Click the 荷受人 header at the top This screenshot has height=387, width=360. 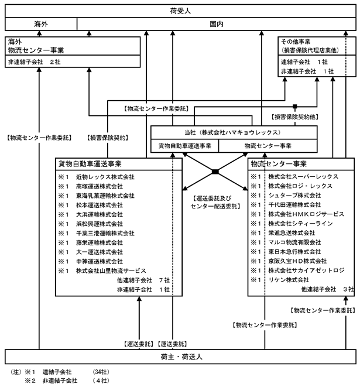point(180,11)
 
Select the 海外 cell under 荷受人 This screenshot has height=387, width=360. point(41,24)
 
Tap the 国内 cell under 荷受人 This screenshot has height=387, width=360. point(217,24)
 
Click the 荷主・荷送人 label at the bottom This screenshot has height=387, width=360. point(181,357)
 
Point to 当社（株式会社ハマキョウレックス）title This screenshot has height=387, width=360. point(233,132)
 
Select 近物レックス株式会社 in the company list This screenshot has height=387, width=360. point(105,177)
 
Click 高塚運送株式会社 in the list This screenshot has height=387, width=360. point(99,186)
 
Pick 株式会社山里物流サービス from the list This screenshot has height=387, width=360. point(111,270)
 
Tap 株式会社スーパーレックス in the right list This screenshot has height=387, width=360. point(303,176)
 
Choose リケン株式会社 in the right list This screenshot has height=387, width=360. point(289,280)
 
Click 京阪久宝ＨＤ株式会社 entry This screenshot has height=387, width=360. point(297,261)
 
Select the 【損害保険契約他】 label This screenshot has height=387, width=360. point(294,117)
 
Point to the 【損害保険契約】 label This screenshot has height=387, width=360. point(108,138)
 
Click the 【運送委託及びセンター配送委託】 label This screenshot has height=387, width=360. point(215,202)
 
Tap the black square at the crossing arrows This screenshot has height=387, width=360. point(215,172)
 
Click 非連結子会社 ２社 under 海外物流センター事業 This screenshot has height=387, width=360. point(35,61)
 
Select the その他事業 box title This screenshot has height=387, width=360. point(296,42)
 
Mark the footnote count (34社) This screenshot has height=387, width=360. point(101,372)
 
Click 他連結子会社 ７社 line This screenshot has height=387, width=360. point(143,280)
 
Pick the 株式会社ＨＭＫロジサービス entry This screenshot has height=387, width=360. point(306,214)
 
